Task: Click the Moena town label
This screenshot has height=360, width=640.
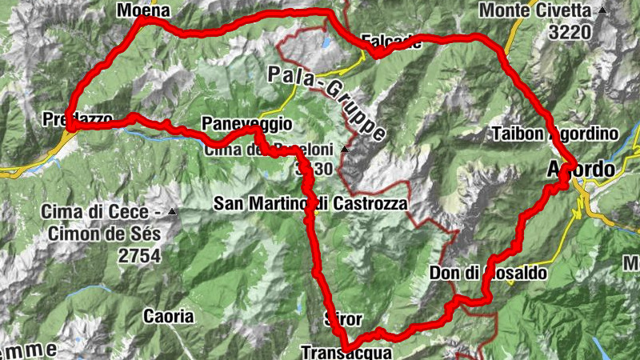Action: point(144,10)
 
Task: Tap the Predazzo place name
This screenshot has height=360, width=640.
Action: point(77,119)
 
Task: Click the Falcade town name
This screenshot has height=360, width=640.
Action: point(391,42)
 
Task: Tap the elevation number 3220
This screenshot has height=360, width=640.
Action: point(570,32)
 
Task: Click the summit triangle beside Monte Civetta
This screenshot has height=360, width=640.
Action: point(602,10)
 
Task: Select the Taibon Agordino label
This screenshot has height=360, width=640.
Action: point(555,133)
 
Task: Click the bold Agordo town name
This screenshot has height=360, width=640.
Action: point(580,170)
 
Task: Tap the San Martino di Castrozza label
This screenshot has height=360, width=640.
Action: point(310,204)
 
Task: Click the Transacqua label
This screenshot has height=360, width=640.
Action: point(346,351)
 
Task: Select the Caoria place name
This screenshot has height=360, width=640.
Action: point(168,316)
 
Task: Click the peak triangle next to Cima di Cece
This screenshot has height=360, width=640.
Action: point(171,212)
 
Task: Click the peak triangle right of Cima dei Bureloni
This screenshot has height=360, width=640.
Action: point(344,149)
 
